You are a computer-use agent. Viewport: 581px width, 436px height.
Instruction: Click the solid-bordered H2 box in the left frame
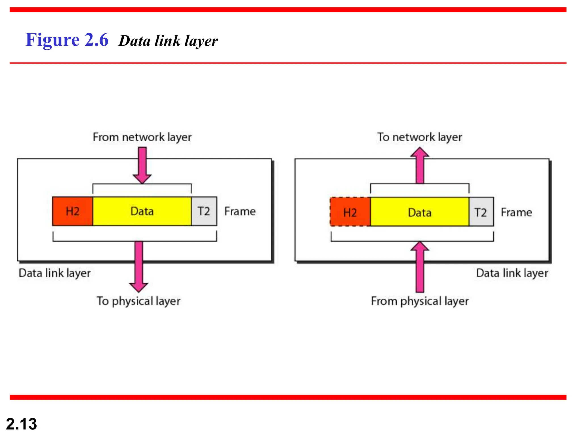73,211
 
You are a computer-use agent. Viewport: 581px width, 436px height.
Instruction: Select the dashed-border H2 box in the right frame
350,212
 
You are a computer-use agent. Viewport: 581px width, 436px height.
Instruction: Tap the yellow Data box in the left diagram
142,211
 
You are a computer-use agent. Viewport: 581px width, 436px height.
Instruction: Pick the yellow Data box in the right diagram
419,212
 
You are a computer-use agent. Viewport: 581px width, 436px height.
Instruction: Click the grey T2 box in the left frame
204,211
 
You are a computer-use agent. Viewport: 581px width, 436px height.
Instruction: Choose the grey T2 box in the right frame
481,212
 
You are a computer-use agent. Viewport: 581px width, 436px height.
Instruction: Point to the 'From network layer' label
142,137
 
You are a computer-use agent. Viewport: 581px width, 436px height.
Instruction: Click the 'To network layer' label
419,137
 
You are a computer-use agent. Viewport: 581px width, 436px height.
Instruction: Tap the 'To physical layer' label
138,301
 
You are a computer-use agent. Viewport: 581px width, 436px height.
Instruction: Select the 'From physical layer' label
420,301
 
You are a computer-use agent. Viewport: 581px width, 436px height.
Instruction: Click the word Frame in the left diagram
240,211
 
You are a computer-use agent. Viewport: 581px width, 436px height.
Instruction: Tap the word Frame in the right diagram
516,212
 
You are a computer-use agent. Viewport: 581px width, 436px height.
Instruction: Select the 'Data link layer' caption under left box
54,273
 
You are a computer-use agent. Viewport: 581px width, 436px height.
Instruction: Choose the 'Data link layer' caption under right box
512,273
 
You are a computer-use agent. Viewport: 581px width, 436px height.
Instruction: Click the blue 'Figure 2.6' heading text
67,40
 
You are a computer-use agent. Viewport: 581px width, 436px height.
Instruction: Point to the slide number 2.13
21,424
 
